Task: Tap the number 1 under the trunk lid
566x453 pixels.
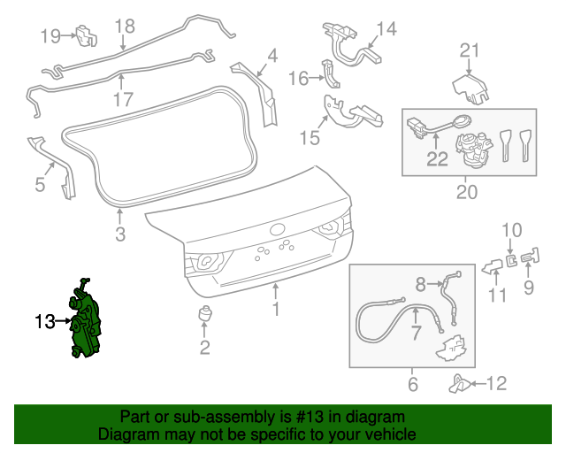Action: pos(276,309)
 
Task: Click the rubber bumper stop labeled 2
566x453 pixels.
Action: pos(204,316)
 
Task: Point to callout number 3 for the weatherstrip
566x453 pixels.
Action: pos(120,234)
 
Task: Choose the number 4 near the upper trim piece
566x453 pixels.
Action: pos(272,57)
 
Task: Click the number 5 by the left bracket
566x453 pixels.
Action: pos(39,184)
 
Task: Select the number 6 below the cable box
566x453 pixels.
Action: pos(412,385)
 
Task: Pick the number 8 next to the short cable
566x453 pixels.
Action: pos(421,283)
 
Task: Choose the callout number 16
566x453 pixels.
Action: pos(298,79)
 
